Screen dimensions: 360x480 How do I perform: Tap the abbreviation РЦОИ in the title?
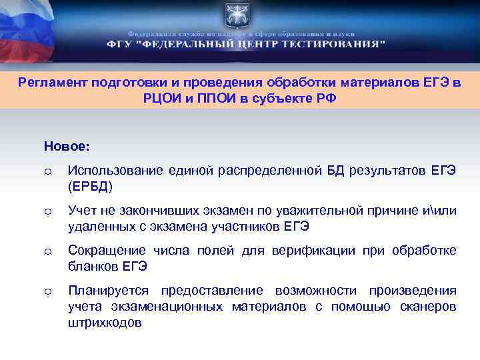[x=160, y=97]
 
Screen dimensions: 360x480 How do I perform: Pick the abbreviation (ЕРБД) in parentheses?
[x=91, y=185]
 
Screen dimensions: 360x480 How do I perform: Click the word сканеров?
[x=429, y=307]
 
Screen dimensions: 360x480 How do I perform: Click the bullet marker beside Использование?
[x=47, y=172]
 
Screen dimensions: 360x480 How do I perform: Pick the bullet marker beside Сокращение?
[x=47, y=252]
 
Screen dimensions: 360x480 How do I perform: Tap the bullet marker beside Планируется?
[x=47, y=292]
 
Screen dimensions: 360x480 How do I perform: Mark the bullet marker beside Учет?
[x=47, y=212]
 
